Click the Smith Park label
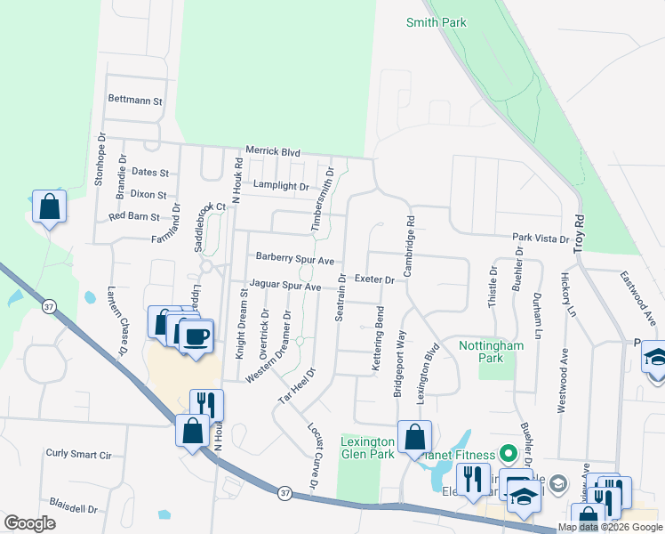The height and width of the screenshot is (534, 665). click(436, 22)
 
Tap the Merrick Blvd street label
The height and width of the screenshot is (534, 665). click(273, 152)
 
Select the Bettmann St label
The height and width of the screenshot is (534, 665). click(134, 101)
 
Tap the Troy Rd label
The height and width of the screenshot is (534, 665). click(580, 230)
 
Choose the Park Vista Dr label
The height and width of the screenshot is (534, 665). click(540, 239)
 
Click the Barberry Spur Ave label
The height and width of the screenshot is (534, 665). click(294, 260)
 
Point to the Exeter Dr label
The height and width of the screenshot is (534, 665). click(374, 279)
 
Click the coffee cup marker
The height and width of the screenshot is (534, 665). click(197, 336)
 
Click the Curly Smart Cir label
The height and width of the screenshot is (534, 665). click(78, 454)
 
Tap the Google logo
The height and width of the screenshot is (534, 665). click(29, 523)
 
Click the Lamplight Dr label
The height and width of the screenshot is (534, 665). click(280, 187)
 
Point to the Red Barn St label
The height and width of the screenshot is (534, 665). click(133, 216)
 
